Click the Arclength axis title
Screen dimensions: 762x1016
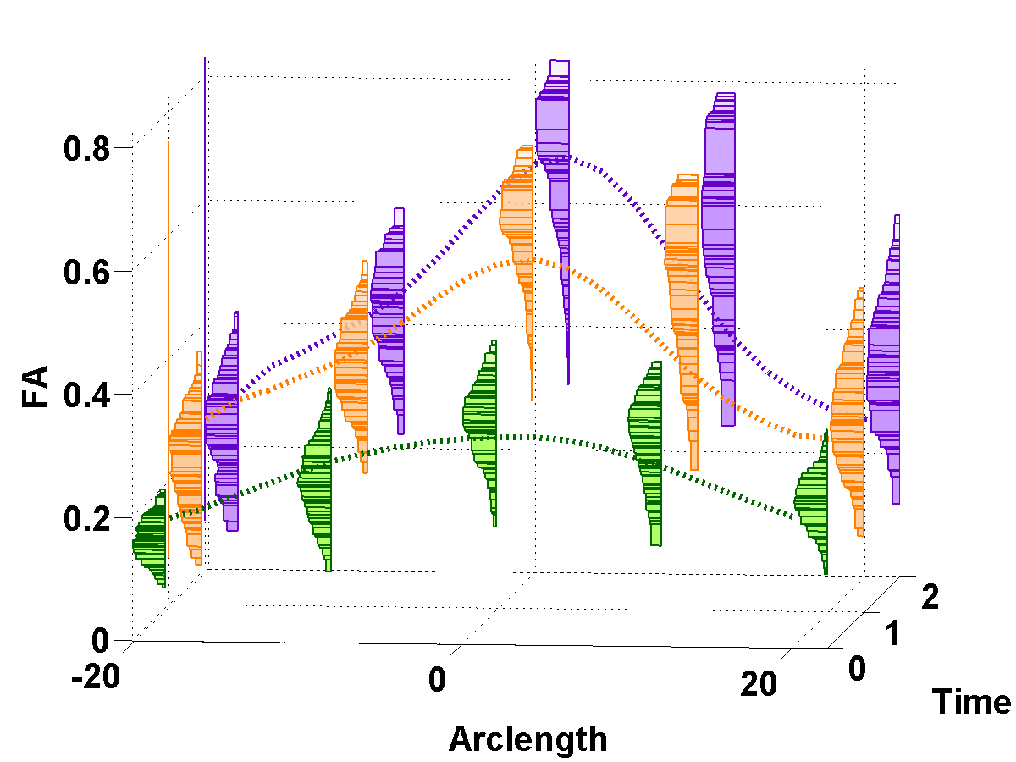click(x=527, y=738)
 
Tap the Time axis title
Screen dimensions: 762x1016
click(x=971, y=702)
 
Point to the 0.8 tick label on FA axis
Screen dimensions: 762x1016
click(x=87, y=150)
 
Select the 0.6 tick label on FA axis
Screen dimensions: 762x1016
click(x=87, y=273)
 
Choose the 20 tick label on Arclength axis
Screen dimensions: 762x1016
click(x=758, y=682)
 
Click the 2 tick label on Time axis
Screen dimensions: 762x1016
click(x=930, y=599)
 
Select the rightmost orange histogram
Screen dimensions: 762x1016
click(x=848, y=415)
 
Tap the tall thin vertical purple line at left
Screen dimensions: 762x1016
click(x=205, y=212)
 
